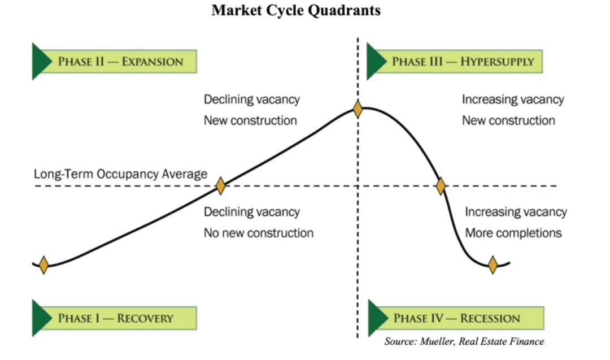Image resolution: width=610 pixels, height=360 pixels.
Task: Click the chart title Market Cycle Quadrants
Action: (296, 11)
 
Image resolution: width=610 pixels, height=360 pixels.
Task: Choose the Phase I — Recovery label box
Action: (115, 318)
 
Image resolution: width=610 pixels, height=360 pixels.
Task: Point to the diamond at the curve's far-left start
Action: (43, 264)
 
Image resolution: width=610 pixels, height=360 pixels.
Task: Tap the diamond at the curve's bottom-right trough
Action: (493, 264)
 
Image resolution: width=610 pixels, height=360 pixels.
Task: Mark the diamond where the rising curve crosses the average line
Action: (220, 185)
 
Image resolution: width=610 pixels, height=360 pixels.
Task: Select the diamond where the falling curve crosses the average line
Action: (441, 185)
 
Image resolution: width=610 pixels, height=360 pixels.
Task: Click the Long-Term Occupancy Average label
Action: (120, 174)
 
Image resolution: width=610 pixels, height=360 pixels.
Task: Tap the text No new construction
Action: (258, 233)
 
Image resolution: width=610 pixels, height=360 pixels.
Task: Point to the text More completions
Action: (513, 233)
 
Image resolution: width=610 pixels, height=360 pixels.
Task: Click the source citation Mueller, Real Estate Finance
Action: (464, 341)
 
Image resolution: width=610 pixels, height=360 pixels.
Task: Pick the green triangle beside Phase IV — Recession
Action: (377, 318)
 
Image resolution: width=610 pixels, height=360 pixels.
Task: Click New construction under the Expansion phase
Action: (250, 120)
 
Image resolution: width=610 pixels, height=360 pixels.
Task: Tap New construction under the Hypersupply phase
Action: (508, 120)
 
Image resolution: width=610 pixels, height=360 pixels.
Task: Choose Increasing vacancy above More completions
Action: (516, 212)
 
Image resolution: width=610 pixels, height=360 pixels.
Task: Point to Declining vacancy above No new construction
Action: (251, 212)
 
